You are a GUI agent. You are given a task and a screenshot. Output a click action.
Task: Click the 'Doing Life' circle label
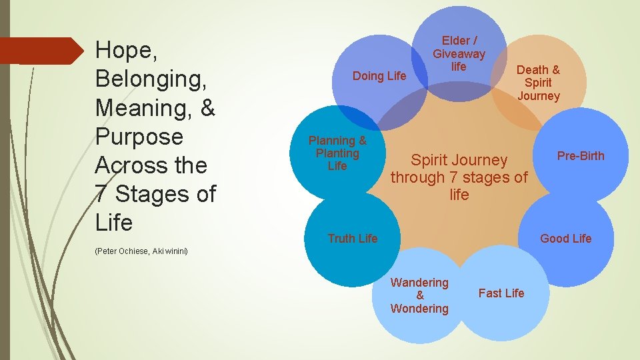coord(379,76)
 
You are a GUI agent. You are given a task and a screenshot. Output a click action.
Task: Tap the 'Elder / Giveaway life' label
coord(459,53)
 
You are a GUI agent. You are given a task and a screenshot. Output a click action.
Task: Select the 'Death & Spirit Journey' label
coord(538,83)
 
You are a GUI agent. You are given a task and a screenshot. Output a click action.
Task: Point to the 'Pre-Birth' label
coord(581,156)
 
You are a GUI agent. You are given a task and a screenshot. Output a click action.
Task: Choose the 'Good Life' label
coord(565,239)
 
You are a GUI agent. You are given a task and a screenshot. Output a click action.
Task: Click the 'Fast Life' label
coord(501,293)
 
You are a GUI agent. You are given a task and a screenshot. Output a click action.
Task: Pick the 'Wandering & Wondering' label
coord(419,295)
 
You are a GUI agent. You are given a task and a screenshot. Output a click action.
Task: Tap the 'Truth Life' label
coord(353,239)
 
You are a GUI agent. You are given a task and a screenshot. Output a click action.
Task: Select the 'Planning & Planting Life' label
coord(337,153)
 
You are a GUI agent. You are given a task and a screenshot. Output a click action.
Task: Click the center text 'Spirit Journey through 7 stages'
coord(459,177)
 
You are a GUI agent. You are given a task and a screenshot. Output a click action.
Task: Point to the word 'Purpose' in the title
coord(139,137)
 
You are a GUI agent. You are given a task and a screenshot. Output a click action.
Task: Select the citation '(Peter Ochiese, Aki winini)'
coord(141,251)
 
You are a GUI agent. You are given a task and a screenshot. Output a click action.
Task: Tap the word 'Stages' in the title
coord(154,194)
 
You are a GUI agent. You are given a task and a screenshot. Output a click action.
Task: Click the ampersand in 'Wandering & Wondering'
coord(419,295)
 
